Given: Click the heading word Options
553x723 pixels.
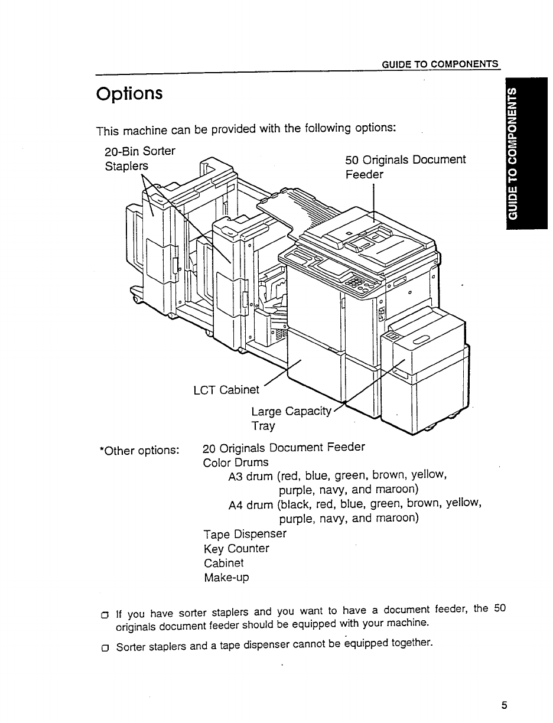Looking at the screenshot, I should point(129,94).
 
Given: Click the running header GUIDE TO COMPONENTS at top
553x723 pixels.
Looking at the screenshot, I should point(440,64).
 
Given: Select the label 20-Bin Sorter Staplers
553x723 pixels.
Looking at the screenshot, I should point(139,158).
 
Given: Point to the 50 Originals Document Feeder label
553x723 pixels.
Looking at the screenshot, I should point(405,167).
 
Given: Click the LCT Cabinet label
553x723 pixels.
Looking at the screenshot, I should point(226,390).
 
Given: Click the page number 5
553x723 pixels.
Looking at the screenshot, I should point(504,705).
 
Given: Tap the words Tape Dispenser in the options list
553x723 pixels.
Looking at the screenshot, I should point(245,533).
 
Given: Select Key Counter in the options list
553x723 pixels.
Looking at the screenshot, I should point(236,548).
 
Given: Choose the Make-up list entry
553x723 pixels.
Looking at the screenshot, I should point(226,578).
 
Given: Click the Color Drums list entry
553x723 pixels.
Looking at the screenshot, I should point(236,462).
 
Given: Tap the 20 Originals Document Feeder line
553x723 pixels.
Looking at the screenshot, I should point(284,447).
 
